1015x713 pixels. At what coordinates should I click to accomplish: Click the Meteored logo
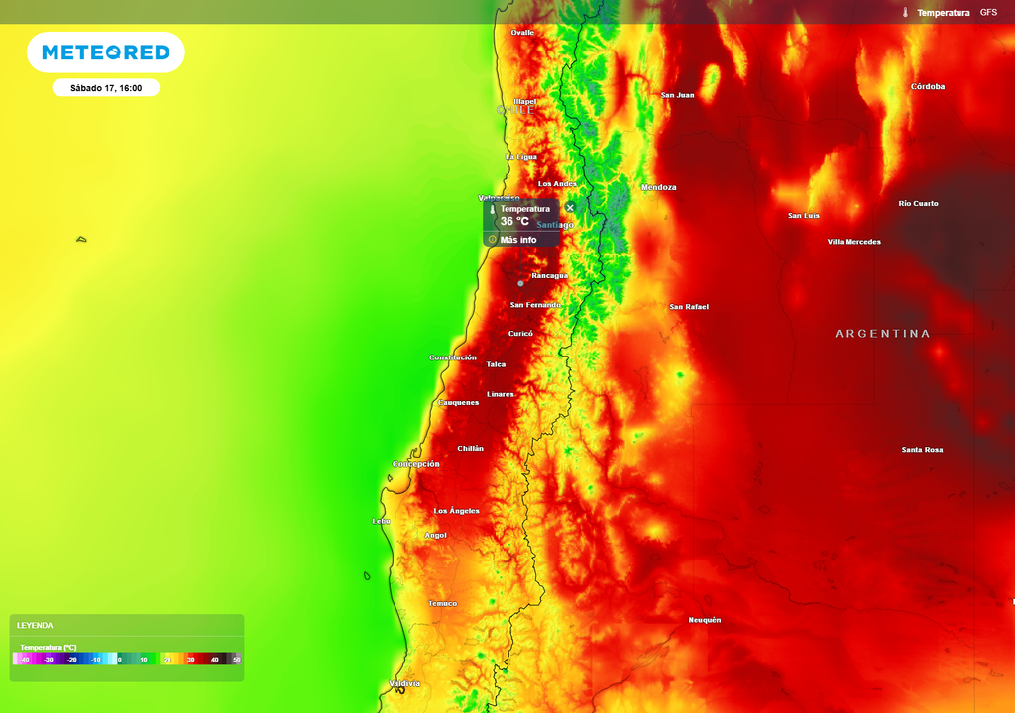pos(105,52)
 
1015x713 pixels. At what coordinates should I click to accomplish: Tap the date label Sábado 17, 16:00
pos(106,88)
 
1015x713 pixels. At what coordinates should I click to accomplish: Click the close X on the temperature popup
pos(570,208)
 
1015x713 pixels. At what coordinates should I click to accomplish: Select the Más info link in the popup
pos(517,240)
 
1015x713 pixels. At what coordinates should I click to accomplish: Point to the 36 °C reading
pos(514,222)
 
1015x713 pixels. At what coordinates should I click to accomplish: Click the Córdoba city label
pos(928,86)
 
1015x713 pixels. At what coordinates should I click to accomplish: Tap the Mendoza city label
pos(659,187)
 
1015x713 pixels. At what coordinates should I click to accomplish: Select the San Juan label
pos(678,95)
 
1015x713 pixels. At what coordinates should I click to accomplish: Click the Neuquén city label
pos(705,620)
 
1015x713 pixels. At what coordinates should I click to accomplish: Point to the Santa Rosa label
pos(922,450)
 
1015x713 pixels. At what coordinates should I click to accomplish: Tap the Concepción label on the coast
pos(416,464)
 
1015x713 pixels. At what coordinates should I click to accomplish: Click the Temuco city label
pos(443,603)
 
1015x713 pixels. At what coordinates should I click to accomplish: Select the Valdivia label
pos(405,683)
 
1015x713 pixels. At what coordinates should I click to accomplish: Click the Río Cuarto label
pos(918,203)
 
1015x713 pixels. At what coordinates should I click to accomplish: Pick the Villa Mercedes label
pos(853,242)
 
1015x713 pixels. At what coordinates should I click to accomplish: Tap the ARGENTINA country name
pos(882,334)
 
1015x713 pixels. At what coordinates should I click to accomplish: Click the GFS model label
pos(988,12)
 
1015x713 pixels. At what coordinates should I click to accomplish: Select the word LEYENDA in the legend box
pos(35,626)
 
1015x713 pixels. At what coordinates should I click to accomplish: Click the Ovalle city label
pos(522,33)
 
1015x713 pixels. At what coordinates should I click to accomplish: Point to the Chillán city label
pos(471,449)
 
